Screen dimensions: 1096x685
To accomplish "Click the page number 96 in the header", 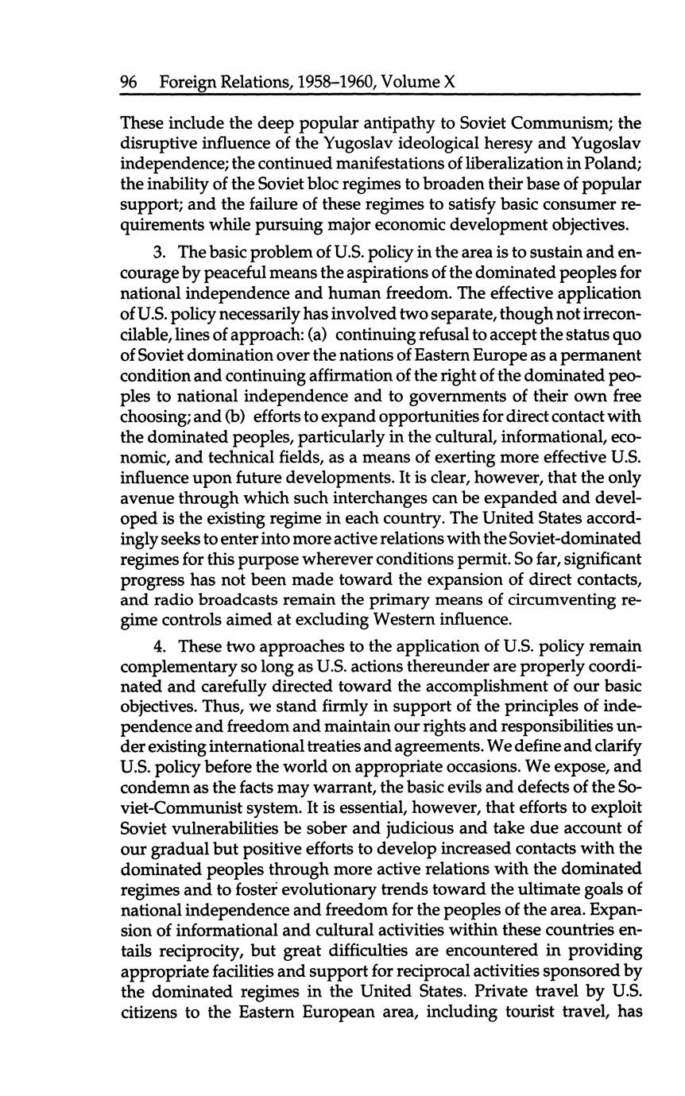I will [129, 82].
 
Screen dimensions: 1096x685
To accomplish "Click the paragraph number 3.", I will [159, 252].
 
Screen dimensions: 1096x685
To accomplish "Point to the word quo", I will [627, 334].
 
